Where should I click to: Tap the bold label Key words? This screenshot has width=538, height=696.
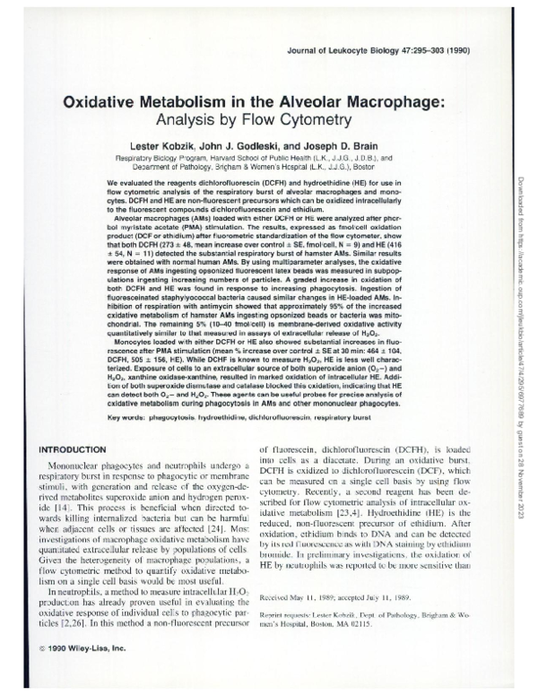coord(131,418)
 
